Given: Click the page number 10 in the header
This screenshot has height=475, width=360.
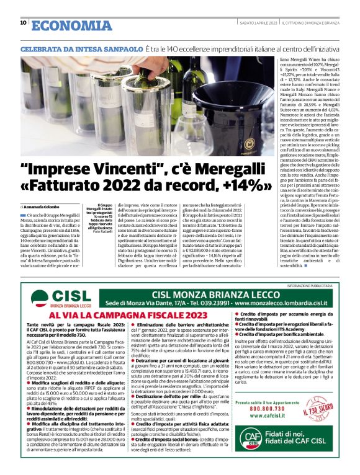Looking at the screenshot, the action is (x=24, y=23).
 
